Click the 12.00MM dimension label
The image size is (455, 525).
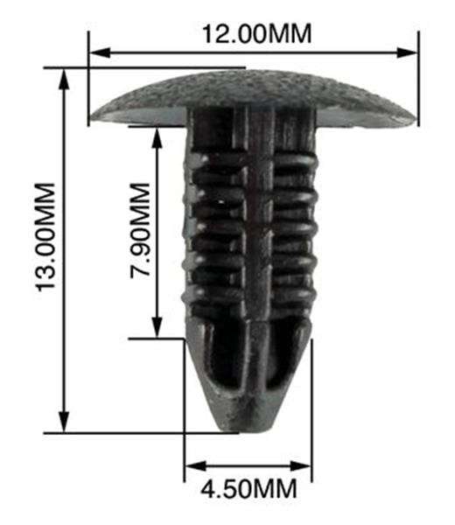coord(256,35)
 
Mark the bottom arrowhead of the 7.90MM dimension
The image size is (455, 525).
coord(157,330)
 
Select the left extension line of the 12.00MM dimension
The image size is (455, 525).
coord(88,79)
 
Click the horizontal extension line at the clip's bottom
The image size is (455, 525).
coord(131,431)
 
